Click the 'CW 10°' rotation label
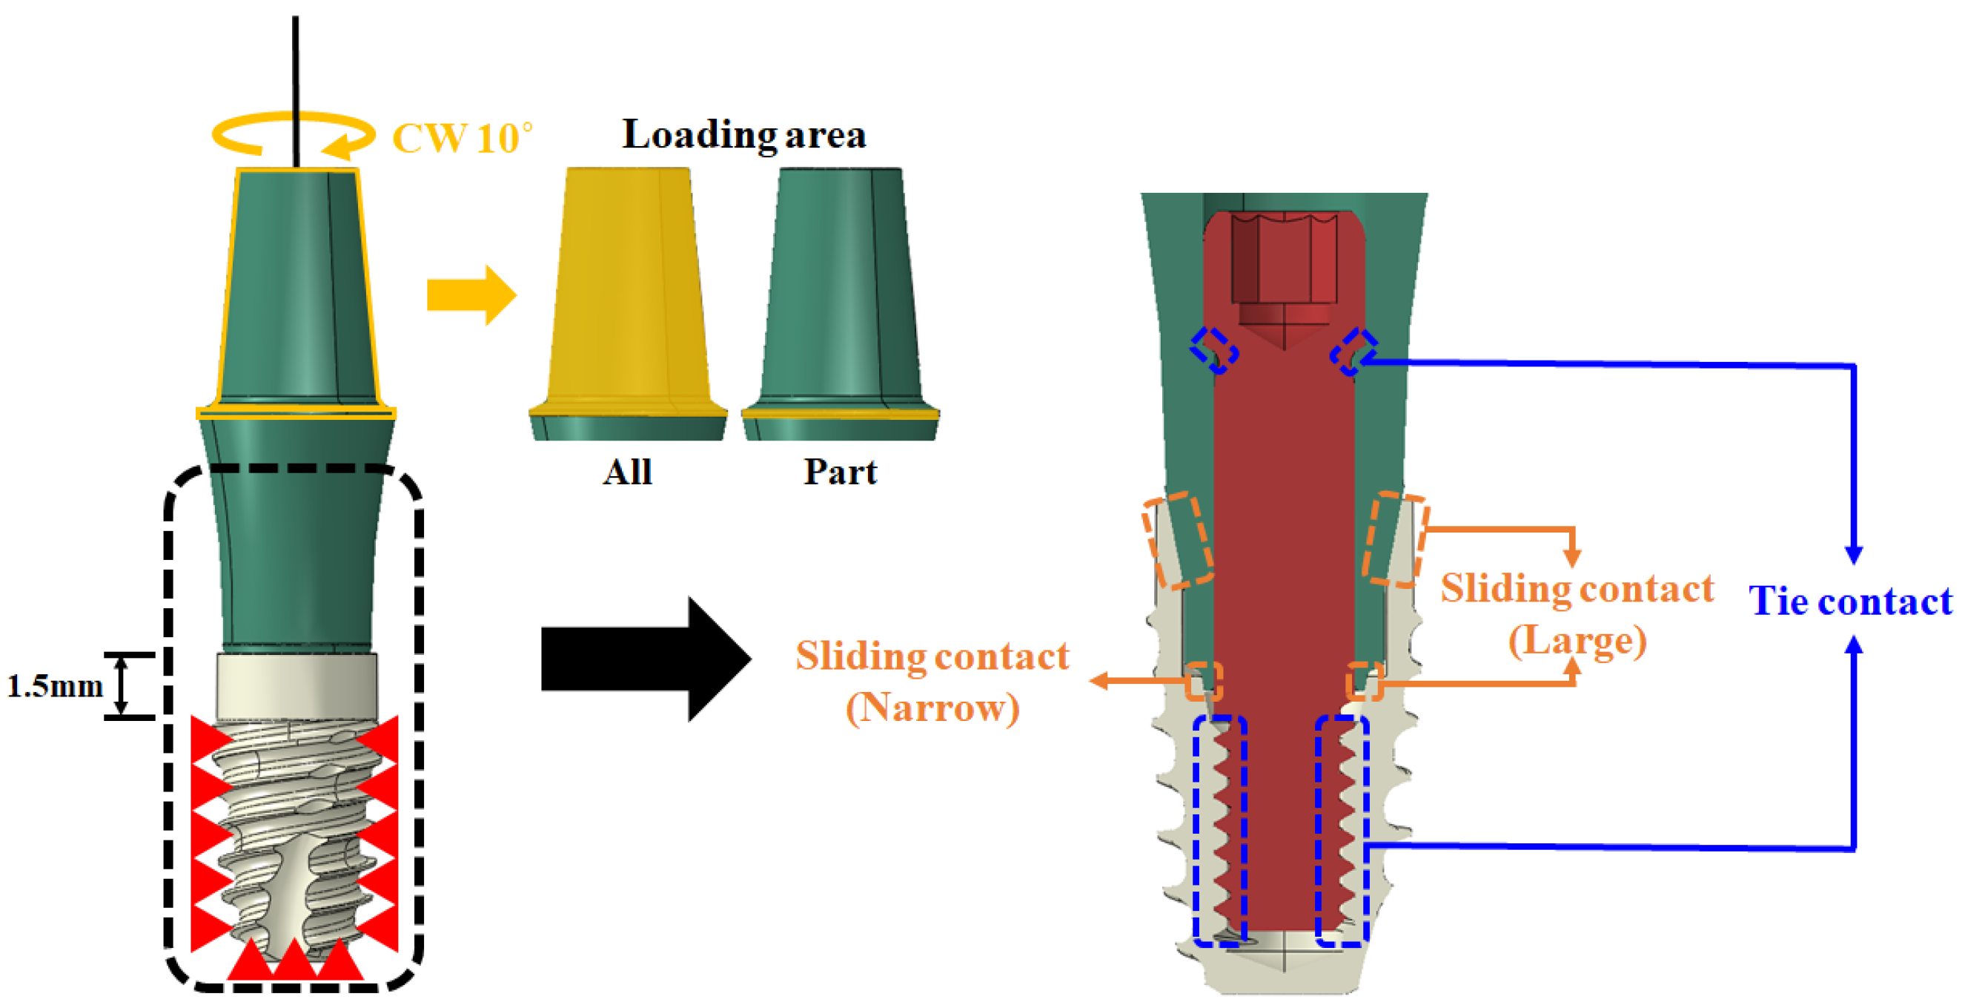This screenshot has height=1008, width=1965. click(x=463, y=138)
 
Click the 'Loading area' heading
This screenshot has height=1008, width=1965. click(x=743, y=134)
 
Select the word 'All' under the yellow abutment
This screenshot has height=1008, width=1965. click(x=627, y=472)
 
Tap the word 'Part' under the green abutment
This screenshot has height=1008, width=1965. click(x=840, y=472)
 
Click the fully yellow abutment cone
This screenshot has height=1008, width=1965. click(x=627, y=290)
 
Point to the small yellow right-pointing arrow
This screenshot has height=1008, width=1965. click(x=471, y=295)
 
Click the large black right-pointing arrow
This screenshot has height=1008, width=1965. click(x=645, y=659)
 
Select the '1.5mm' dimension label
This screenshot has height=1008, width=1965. click(x=55, y=686)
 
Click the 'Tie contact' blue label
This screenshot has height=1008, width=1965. click(x=1850, y=601)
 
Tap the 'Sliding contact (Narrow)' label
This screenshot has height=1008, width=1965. click(x=932, y=682)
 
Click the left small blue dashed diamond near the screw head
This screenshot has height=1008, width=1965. click(x=1213, y=350)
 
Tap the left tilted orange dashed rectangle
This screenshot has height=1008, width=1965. click(x=1177, y=540)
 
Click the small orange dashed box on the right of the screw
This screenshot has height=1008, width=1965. click(x=1364, y=681)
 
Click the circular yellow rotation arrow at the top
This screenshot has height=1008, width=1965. click(x=293, y=136)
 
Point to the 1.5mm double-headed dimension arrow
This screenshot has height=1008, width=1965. click(x=122, y=686)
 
